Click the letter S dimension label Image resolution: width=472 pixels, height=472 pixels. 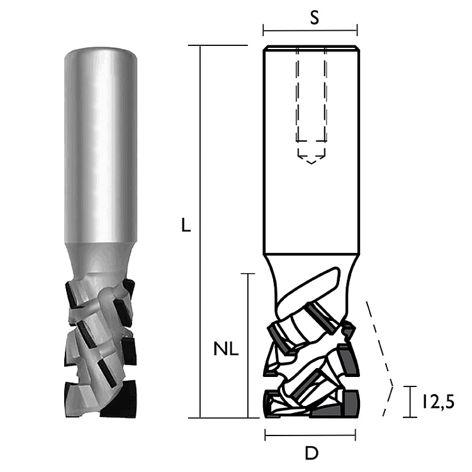pos(314,18)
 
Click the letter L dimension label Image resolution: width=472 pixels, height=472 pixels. pos(186,225)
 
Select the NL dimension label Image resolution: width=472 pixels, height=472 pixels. pos(226,349)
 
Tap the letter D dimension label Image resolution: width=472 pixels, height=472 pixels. pos(312,453)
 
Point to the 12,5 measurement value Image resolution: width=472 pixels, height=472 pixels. pos(438,403)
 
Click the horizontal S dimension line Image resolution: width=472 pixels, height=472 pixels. pos(310,30)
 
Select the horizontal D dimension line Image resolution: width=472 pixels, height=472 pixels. pos(310,435)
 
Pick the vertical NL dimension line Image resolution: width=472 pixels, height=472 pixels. pos(248,346)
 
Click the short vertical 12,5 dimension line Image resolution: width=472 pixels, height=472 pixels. pos(410,402)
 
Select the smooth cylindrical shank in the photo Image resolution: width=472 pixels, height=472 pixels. pos(101,145)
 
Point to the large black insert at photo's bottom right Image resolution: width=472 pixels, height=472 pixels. pos(118,398)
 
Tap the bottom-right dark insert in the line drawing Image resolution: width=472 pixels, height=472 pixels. pos(351,403)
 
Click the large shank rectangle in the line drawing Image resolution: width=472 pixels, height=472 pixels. pos(312,150)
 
